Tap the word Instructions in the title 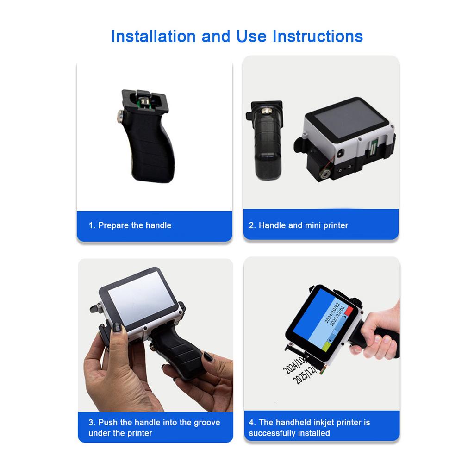(x=318, y=36)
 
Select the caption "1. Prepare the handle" (x=130, y=225)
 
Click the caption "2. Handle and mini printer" (x=298, y=225)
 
